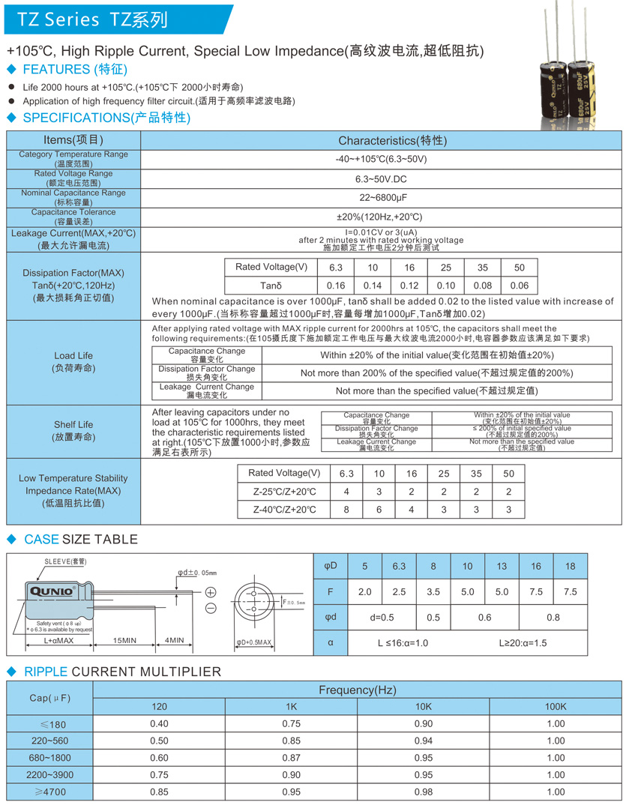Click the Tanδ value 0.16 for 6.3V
pyautogui.click(x=336, y=286)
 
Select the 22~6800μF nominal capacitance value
pyautogui.click(x=382, y=197)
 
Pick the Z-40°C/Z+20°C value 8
pyautogui.click(x=346, y=510)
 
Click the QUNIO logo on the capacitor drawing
pyautogui.click(x=51, y=591)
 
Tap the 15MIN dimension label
pyautogui.click(x=125, y=640)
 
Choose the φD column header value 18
pyautogui.click(x=570, y=566)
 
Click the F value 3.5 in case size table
pyautogui.click(x=433, y=591)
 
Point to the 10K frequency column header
pyautogui.click(x=424, y=707)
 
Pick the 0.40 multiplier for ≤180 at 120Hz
pyautogui.click(x=159, y=723)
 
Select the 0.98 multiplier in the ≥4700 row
pyautogui.click(x=424, y=792)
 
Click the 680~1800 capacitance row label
pyautogui.click(x=49, y=758)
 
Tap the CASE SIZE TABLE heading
pyautogui.click(x=81, y=539)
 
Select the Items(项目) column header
pyautogui.click(x=73, y=140)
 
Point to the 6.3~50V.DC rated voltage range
pyautogui.click(x=382, y=179)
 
